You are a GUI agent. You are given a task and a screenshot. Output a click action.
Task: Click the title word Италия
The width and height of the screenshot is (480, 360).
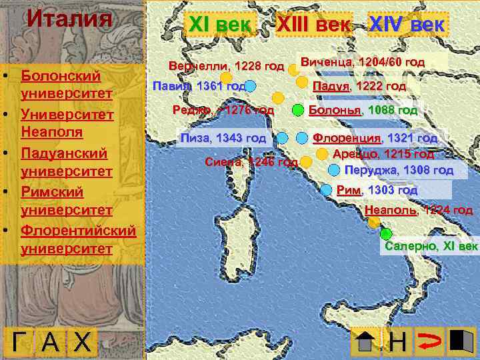click(x=69, y=18)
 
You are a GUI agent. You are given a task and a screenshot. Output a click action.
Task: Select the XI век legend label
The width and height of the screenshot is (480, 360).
click(x=221, y=25)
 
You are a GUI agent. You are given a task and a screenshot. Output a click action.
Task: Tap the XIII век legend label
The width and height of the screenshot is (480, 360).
click(x=313, y=25)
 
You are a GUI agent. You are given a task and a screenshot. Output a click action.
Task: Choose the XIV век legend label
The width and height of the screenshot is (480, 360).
click(x=408, y=25)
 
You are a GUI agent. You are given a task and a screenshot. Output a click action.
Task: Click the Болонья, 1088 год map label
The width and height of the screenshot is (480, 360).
click(x=363, y=110)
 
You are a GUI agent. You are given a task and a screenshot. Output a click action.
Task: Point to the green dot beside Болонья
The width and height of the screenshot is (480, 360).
click(x=297, y=110)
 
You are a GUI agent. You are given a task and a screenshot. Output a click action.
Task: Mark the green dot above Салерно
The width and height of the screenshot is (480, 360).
click(x=385, y=233)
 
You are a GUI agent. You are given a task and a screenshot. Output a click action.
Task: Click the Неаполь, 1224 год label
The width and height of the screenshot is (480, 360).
click(x=419, y=211)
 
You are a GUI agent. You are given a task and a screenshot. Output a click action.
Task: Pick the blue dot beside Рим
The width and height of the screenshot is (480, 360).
click(x=326, y=190)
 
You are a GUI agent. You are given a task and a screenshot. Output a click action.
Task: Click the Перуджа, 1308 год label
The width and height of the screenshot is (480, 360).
click(x=399, y=170)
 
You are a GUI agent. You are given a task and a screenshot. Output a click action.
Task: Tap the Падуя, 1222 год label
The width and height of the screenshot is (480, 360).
click(x=359, y=86)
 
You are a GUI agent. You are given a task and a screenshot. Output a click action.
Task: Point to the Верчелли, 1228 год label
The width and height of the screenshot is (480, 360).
click(x=226, y=67)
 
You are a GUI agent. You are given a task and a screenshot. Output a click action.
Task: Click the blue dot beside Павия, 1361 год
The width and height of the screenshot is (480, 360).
click(x=251, y=86)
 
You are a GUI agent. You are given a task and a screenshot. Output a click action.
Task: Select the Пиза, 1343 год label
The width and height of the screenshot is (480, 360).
click(x=223, y=139)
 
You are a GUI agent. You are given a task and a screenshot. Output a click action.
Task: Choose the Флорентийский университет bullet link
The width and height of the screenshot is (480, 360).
click(x=78, y=240)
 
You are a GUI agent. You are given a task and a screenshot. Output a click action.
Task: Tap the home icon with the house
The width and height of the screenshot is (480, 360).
click(x=365, y=342)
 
